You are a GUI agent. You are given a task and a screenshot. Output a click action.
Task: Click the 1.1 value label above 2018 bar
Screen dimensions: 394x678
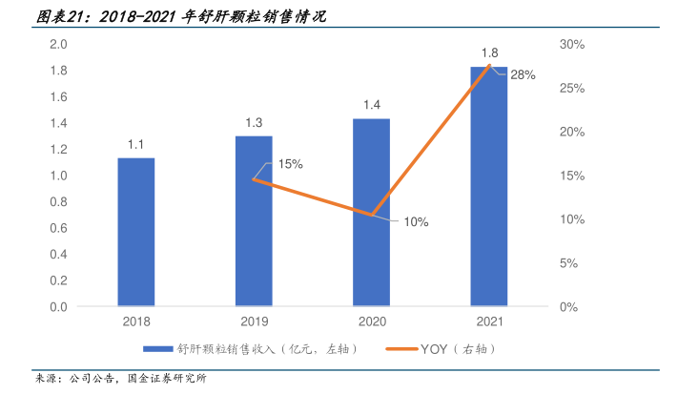[135, 145]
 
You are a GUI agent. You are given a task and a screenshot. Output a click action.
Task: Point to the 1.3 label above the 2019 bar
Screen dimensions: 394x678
[254, 122]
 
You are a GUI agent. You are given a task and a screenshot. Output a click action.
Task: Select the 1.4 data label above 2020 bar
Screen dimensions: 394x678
[371, 105]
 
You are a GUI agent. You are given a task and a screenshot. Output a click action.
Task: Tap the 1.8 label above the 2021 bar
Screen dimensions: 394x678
[489, 52]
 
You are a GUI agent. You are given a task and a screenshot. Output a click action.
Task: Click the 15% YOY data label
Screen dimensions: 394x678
[291, 164]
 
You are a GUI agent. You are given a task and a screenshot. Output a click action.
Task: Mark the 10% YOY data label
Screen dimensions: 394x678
[416, 221]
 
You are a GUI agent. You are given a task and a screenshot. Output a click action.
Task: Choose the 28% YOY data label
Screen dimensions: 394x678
[523, 74]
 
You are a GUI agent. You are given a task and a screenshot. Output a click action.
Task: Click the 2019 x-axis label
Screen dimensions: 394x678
[254, 322]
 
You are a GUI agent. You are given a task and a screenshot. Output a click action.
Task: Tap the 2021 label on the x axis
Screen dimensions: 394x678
[489, 322]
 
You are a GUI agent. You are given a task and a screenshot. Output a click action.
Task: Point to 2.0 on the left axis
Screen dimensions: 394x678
[58, 45]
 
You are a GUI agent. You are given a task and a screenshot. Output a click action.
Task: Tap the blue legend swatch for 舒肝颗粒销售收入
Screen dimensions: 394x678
[158, 349]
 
